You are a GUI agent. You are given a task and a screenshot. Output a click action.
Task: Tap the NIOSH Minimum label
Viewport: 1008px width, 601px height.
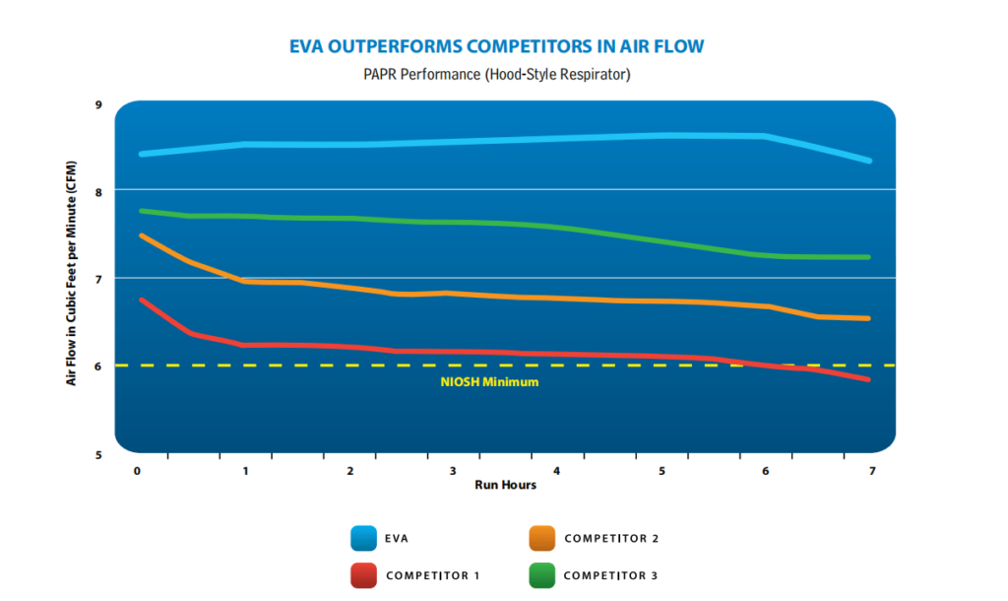[x=489, y=381]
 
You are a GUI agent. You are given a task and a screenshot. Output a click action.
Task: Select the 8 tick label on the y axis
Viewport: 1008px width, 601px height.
[x=97, y=191]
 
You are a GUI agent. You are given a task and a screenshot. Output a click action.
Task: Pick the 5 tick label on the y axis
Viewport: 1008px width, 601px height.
[x=97, y=454]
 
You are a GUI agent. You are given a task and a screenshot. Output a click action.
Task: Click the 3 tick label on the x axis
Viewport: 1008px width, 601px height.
[x=452, y=471]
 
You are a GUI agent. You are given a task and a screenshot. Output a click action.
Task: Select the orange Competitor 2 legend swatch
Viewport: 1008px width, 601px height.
[x=542, y=538]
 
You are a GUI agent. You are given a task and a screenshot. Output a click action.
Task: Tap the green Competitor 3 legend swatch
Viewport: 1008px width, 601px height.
[x=542, y=573]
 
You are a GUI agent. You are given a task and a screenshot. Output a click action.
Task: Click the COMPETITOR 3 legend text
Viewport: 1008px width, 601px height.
[x=610, y=573]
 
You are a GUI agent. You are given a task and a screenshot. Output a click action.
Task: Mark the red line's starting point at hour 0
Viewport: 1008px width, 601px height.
[x=143, y=300]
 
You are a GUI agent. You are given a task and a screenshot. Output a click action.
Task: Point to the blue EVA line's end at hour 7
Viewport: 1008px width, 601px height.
[x=869, y=161]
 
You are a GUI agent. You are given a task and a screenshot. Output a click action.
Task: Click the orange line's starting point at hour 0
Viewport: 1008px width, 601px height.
[x=143, y=235]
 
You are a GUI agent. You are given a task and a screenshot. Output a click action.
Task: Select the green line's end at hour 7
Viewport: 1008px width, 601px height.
[x=869, y=257]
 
